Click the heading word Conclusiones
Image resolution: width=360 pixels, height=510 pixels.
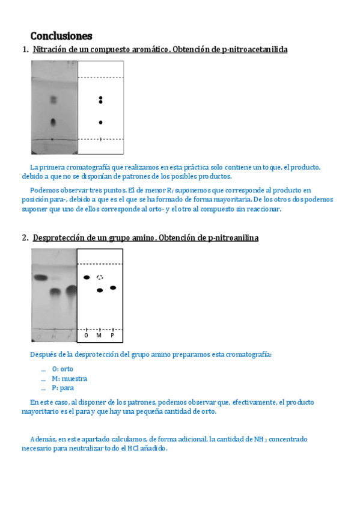61,35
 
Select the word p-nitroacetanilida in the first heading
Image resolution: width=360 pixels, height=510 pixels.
255,49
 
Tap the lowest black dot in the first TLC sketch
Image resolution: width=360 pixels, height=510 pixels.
101,123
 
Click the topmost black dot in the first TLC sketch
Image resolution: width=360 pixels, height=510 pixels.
101,98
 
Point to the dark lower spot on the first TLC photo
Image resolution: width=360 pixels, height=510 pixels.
53,123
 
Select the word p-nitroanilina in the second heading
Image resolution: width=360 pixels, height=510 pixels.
233,238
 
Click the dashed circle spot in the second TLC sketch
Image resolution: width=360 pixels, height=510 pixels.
100,277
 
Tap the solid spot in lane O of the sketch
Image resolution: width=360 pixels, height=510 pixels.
87,277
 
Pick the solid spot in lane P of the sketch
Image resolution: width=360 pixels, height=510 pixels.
113,288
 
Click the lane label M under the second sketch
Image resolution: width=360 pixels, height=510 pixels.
99,336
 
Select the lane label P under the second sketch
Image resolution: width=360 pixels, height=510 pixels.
112,336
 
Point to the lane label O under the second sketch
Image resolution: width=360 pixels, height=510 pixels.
86,336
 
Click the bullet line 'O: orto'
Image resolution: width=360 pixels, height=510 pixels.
63,369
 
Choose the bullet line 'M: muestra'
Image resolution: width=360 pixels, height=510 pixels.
70,379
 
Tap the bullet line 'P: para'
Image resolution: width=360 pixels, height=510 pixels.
63,388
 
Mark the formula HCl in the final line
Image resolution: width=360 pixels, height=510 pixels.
133,449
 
